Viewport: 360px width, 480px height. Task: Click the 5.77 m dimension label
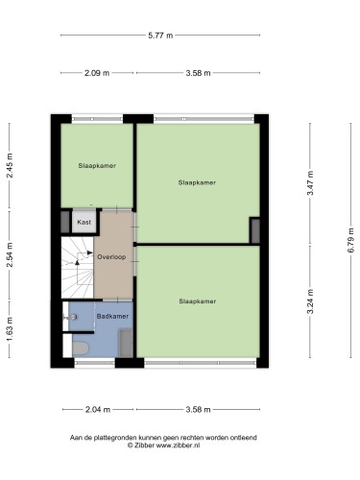[160, 36]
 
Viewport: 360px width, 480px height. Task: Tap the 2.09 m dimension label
[97, 73]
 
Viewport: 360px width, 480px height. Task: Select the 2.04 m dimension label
[98, 409]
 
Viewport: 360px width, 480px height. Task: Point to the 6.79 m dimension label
[350, 240]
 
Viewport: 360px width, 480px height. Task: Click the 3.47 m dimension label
[310, 183]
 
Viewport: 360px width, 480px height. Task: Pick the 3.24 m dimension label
[310, 301]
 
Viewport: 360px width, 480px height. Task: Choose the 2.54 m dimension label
[10, 254]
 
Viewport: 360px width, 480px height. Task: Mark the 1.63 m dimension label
[10, 329]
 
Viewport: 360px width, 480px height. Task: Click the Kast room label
[84, 222]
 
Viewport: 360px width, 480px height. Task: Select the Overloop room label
[111, 257]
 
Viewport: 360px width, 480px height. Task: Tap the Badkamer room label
[112, 316]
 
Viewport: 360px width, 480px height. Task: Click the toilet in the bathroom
[80, 348]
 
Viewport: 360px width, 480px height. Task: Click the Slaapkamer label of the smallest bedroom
[97, 166]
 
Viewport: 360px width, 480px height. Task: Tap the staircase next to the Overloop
[78, 268]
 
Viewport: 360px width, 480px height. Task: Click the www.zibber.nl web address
[178, 445]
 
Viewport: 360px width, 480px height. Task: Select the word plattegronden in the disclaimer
[115, 438]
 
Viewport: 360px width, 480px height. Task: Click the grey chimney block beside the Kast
[65, 222]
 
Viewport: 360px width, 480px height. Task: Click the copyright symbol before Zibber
[130, 445]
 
